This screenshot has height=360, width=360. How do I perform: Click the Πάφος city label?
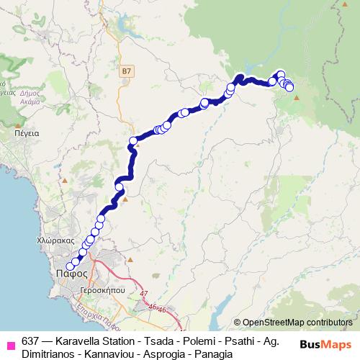pos(71,274)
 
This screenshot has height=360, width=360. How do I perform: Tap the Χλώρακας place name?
pos(55,242)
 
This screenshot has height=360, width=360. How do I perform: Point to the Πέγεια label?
pos(26,133)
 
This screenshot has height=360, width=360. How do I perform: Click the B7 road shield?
pos(127,71)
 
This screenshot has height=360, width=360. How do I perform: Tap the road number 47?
pos(143,294)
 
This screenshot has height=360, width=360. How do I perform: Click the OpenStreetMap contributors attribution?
pos(297,323)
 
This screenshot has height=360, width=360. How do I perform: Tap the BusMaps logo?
pos(326,343)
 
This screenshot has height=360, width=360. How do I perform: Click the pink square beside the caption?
pos(10,343)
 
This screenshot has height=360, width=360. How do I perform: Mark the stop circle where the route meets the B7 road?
pos(133,141)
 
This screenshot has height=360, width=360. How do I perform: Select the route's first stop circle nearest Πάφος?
pos(70,267)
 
